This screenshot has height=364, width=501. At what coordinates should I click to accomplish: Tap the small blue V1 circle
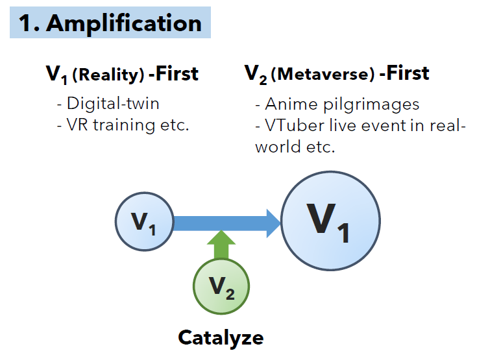[144, 223]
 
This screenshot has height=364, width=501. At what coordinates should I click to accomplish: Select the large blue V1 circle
[331, 221]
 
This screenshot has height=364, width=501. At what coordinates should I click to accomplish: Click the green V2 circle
[221, 286]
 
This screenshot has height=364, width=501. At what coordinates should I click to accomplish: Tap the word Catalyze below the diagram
[221, 337]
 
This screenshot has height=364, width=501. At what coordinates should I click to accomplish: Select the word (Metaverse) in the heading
[322, 75]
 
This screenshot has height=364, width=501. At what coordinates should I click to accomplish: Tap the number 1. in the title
[30, 23]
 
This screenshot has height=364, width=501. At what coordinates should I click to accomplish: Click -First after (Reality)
[173, 74]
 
